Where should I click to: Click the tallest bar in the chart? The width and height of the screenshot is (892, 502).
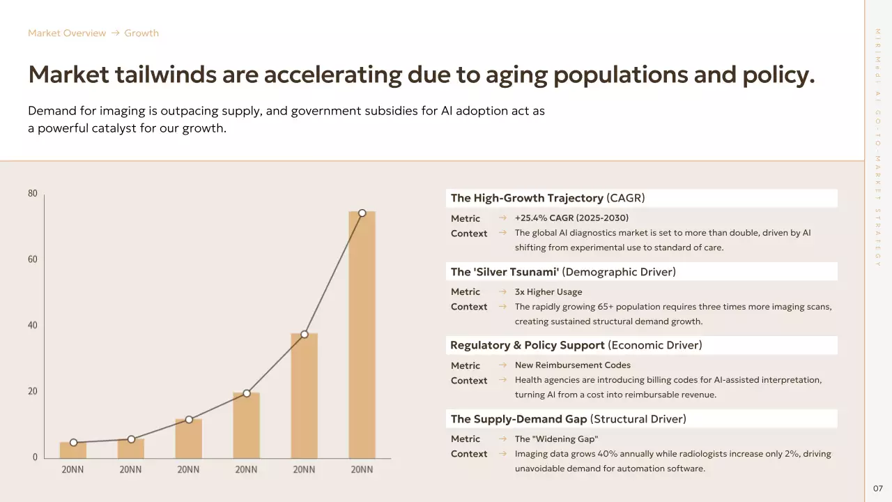362,335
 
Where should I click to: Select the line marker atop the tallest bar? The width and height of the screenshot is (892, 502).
362,213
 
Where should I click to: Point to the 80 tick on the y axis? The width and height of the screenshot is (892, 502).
33,194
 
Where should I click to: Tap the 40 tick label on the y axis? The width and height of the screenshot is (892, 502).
33,326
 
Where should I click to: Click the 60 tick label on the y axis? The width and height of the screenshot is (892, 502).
33,259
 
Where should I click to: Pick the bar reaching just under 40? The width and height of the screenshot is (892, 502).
304,395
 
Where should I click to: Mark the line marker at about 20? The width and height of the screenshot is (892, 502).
247,393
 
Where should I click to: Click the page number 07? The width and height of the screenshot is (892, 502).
878,488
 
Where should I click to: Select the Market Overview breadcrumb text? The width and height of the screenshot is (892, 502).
67,33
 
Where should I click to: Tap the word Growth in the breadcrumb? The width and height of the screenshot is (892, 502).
141,33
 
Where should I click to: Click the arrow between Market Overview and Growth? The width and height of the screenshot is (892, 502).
116,33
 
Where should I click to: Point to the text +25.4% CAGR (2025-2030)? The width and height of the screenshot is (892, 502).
571,218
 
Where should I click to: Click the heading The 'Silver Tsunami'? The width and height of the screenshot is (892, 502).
505,272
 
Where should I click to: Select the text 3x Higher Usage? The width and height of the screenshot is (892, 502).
548,291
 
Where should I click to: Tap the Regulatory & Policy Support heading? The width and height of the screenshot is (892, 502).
528,345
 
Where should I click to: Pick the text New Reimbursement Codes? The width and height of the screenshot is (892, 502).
573,365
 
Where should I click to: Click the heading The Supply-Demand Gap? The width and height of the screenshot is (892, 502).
518,419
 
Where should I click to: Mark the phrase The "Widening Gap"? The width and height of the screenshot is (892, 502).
556,439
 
